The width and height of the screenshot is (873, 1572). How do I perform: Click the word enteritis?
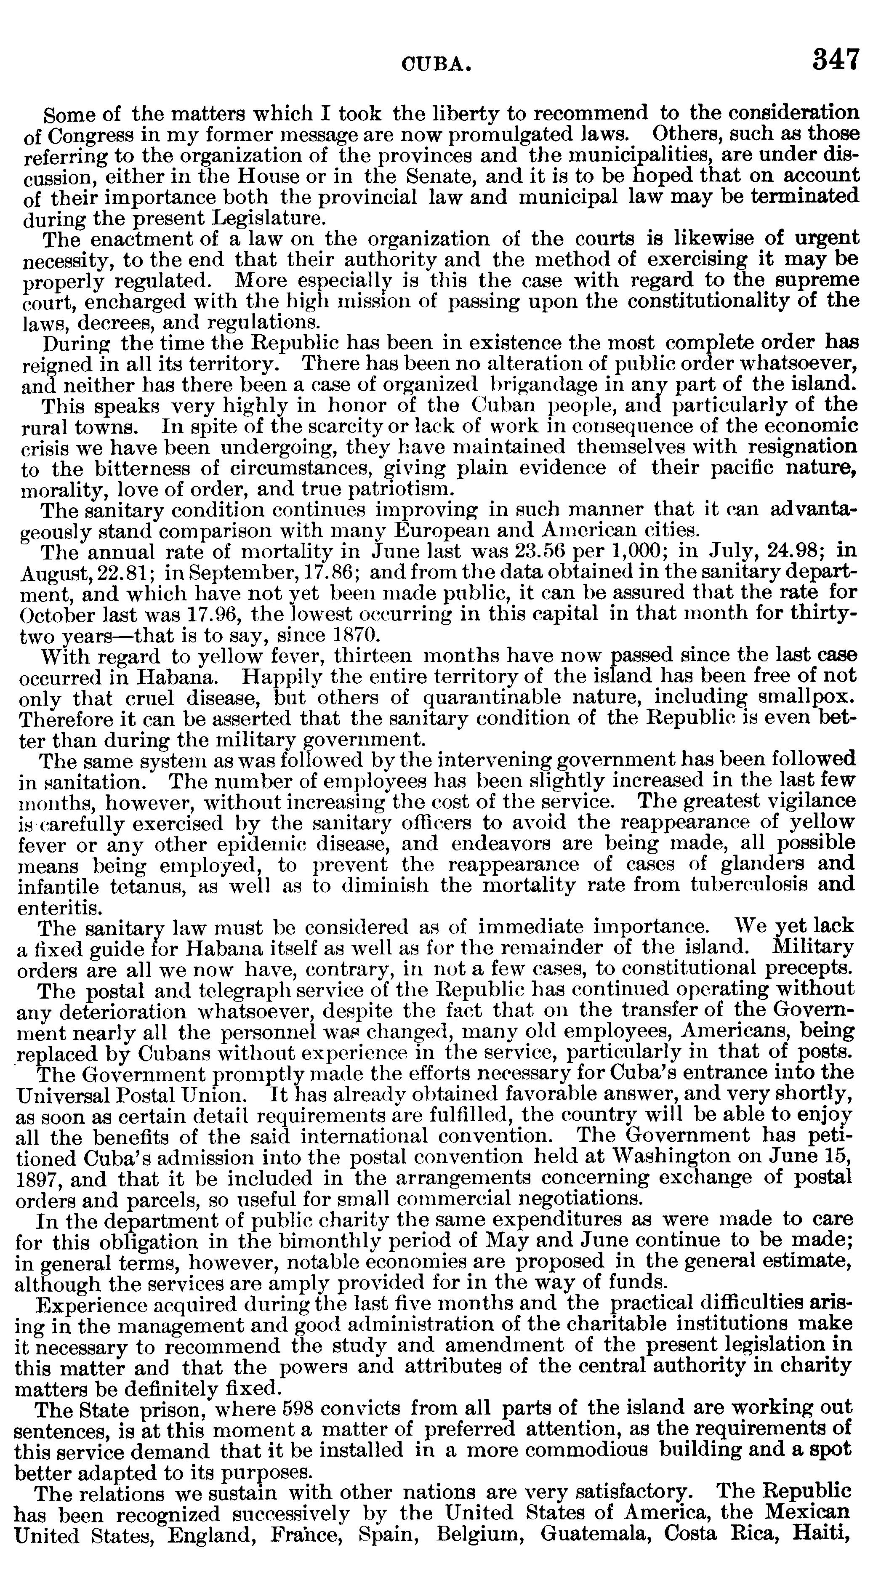59,907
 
